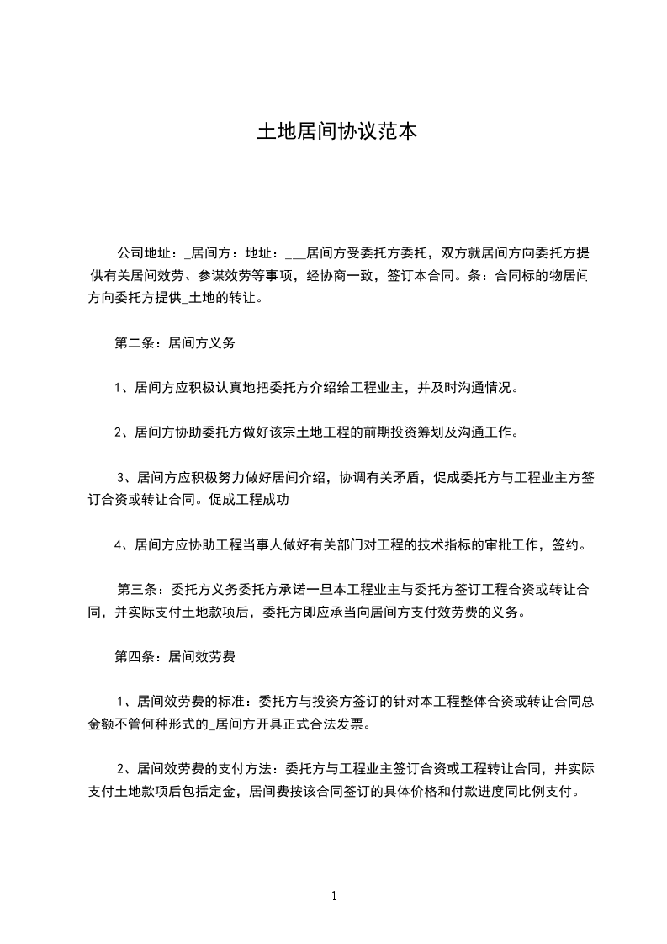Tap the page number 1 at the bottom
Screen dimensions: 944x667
pyautogui.click(x=334, y=896)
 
